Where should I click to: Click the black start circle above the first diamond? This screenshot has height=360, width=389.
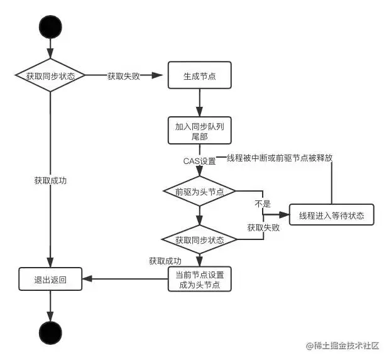(50, 26)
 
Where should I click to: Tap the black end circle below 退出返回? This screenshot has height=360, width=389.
(50, 332)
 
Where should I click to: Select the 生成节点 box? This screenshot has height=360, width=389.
(200, 76)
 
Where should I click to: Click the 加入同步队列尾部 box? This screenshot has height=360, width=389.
(200, 131)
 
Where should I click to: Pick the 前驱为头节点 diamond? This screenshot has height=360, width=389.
(199, 191)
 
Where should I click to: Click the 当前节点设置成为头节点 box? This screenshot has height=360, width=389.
(200, 279)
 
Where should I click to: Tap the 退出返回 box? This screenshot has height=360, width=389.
(50, 280)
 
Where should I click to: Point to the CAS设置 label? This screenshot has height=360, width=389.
(199, 161)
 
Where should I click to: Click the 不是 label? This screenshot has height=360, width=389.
(262, 204)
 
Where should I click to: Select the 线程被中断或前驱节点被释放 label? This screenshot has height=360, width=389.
(280, 158)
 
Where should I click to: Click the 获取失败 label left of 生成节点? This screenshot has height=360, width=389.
(123, 76)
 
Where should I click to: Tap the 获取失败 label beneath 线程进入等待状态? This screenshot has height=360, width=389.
(263, 227)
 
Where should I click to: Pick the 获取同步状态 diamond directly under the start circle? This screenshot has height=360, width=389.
(50, 76)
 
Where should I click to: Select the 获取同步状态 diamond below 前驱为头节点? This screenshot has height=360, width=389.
(199, 239)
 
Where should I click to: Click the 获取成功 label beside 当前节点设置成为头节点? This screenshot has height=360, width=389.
(165, 261)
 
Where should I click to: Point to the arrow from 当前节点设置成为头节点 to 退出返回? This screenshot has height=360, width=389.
(126, 280)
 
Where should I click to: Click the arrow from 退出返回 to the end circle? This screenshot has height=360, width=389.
(50, 305)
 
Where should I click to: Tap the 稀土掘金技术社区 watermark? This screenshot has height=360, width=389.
(342, 346)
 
